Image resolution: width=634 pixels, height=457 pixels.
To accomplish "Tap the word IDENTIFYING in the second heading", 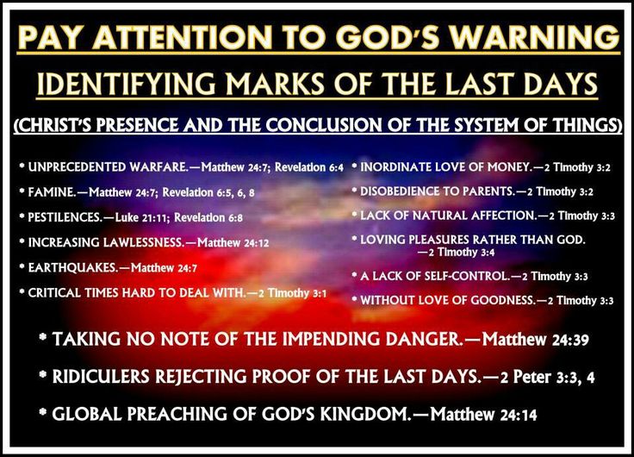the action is (x=127, y=84).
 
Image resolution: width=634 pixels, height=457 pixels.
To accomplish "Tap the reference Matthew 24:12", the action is (x=233, y=242).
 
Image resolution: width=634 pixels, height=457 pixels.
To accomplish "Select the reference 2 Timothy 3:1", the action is (x=292, y=292).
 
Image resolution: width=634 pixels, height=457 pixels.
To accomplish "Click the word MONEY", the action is (x=508, y=166).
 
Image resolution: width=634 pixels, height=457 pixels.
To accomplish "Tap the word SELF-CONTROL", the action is (x=467, y=276).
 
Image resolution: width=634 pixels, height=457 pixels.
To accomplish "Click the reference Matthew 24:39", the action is (x=535, y=339).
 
